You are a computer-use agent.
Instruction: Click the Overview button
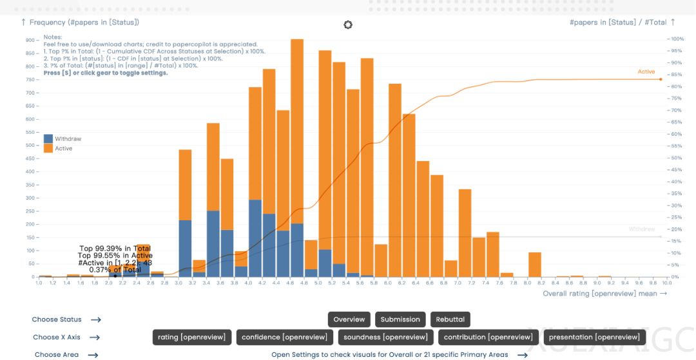pyautogui.click(x=349, y=319)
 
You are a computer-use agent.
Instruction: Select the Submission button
pyautogui.click(x=400, y=319)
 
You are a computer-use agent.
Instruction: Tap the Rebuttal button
pyautogui.click(x=450, y=319)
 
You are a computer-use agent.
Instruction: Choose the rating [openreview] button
pyautogui.click(x=191, y=337)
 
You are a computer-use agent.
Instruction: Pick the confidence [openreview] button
pyautogui.click(x=284, y=337)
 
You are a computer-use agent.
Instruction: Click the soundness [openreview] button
pyautogui.click(x=385, y=337)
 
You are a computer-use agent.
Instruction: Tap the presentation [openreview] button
pyautogui.click(x=594, y=337)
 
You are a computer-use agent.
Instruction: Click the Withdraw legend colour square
pyautogui.click(x=48, y=138)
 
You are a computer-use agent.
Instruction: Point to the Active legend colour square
pyautogui.click(x=48, y=148)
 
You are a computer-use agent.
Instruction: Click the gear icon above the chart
pyautogui.click(x=348, y=24)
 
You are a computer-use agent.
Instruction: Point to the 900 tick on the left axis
pyautogui.click(x=30, y=40)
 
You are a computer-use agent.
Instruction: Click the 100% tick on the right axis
pyautogui.click(x=677, y=39)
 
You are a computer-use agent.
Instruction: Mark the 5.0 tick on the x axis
pyautogui.click(x=318, y=283)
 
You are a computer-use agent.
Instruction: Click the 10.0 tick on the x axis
pyautogui.click(x=666, y=283)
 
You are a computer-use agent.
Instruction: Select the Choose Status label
pyautogui.click(x=57, y=319)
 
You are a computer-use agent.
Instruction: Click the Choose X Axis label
pyautogui.click(x=57, y=337)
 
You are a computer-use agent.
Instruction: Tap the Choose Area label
pyautogui.click(x=57, y=354)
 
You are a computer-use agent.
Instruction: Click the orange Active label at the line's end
pyautogui.click(x=646, y=71)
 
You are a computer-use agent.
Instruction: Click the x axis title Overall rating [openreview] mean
pyautogui.click(x=599, y=294)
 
